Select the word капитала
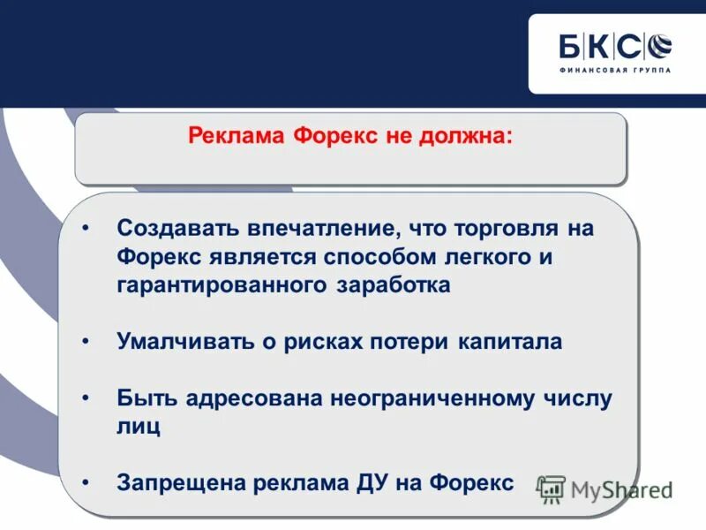click(x=510, y=342)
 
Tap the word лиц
click(x=139, y=427)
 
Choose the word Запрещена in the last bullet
click(x=182, y=483)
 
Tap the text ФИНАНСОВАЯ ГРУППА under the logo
click(x=615, y=70)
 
